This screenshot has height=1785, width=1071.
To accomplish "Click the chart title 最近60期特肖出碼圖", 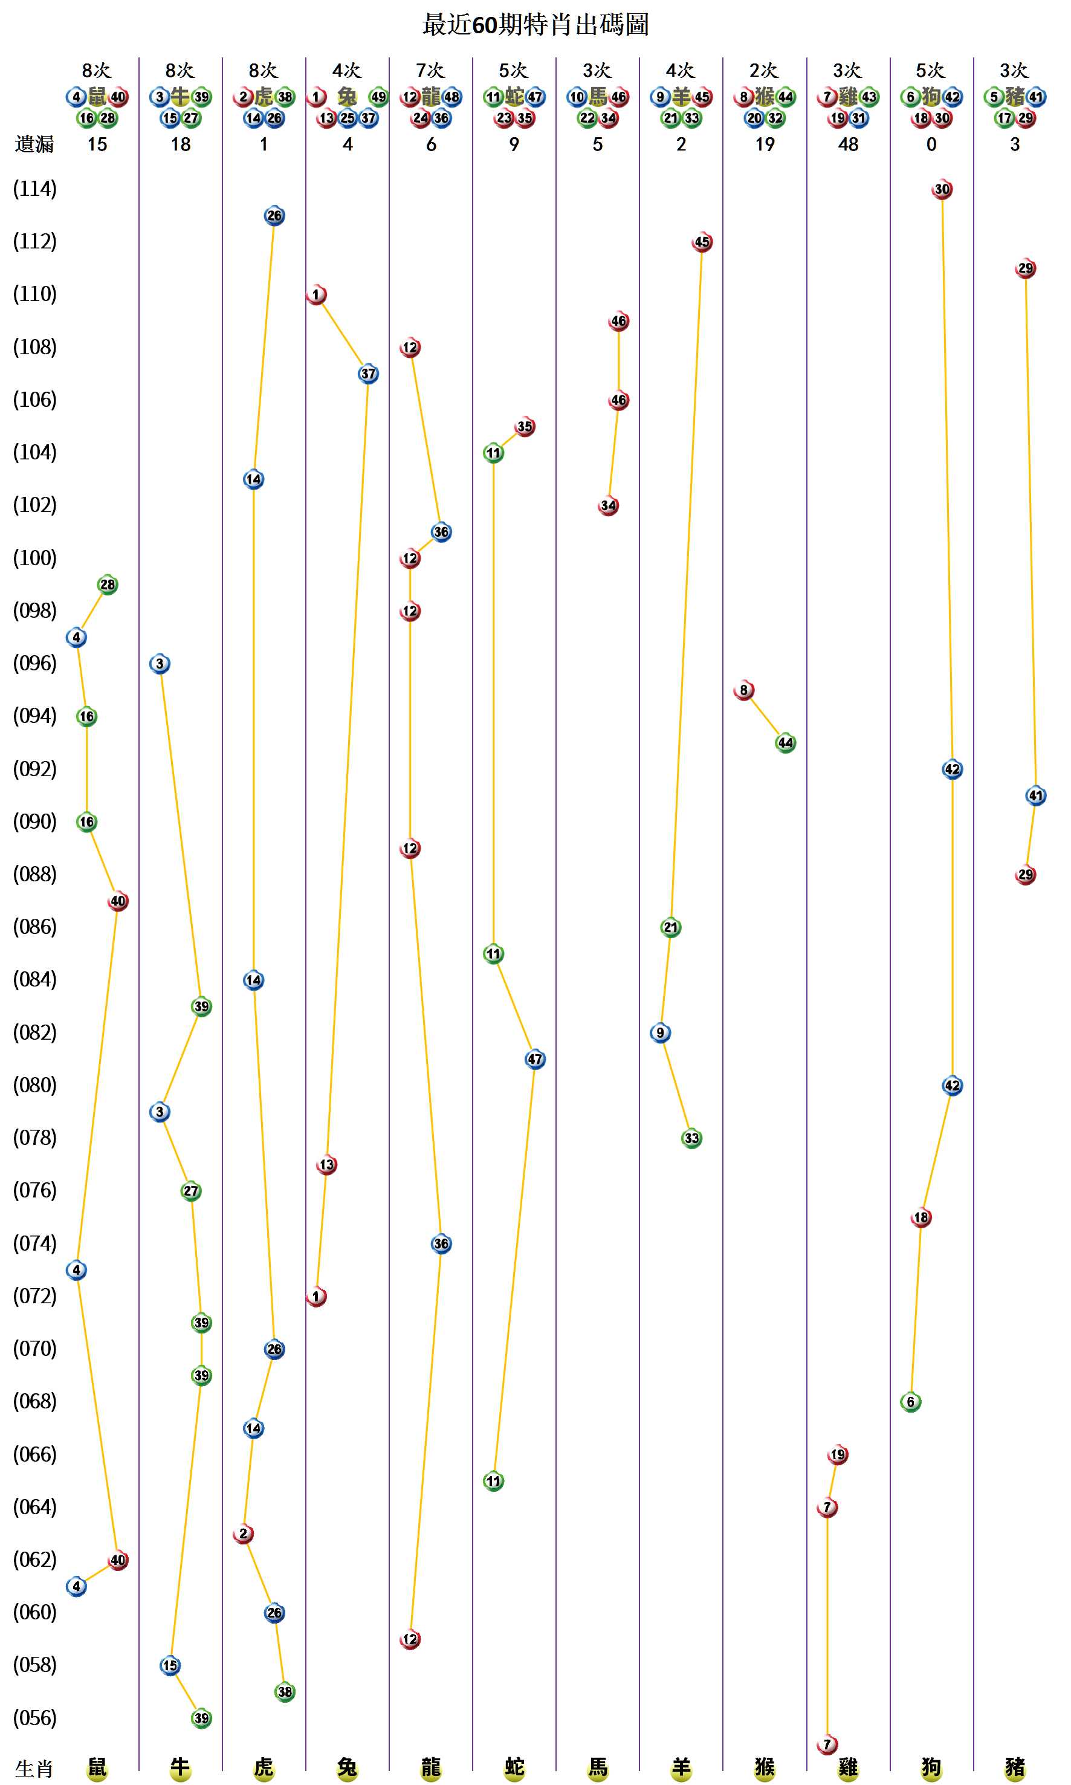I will click(x=535, y=25).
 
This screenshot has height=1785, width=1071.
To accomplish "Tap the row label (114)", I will click(x=34, y=189).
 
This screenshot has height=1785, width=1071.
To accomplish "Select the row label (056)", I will click(x=34, y=1718).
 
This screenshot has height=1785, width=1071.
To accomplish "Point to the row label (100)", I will click(x=34, y=558).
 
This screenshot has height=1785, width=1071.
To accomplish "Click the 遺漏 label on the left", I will click(x=34, y=144).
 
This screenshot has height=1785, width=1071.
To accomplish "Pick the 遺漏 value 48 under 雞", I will click(x=848, y=144).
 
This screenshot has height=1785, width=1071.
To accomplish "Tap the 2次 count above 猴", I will click(x=765, y=71).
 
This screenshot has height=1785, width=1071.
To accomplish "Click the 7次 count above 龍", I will click(x=431, y=71).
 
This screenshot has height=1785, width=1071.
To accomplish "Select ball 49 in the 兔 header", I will click(x=379, y=97).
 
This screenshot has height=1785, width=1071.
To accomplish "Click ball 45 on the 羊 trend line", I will click(x=702, y=242).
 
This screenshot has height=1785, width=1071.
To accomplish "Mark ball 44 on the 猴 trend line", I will click(x=785, y=743).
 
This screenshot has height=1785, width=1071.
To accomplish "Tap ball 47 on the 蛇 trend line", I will click(x=535, y=1059).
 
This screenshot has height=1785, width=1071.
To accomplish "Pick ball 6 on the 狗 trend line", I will click(x=911, y=1402).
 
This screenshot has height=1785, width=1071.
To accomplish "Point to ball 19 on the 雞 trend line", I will click(x=838, y=1454).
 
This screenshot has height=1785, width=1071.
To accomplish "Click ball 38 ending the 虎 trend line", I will click(x=285, y=1692).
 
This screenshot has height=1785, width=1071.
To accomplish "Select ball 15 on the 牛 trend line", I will click(x=170, y=1665).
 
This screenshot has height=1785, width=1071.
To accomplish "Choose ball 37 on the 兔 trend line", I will click(x=368, y=374).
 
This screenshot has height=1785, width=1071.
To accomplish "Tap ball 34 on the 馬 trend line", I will click(x=609, y=505).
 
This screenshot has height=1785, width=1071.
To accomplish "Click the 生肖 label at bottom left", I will click(x=34, y=1769).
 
